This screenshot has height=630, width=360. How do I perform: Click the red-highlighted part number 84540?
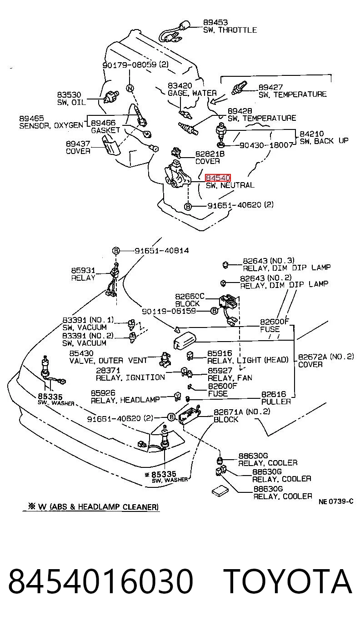point(218,178)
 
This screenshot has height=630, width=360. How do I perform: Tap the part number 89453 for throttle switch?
point(215,22)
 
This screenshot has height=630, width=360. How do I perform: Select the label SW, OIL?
point(71,102)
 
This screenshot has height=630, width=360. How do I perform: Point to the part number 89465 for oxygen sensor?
point(31,118)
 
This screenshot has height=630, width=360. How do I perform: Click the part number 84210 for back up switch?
point(311,134)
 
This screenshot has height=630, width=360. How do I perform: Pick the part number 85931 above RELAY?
point(83,270)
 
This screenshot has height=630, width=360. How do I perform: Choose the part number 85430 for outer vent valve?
point(81,353)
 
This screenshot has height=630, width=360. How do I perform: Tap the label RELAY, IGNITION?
point(130,377)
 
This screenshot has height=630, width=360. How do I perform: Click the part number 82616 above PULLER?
point(274,394)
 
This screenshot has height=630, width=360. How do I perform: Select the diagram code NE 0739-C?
point(336,501)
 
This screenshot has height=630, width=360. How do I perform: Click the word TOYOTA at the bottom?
point(288,581)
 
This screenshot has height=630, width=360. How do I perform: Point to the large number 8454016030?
point(101,581)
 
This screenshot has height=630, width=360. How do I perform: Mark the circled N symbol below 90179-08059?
point(130,89)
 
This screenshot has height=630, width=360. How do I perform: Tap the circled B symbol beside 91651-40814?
point(116,251)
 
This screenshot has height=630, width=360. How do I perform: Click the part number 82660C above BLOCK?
point(190,296)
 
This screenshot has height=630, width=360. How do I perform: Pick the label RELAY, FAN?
point(230,378)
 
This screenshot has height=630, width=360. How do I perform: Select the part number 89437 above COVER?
point(78,144)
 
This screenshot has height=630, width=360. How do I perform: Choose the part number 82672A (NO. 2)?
point(326,357)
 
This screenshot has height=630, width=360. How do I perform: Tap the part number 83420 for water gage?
point(180,85)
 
